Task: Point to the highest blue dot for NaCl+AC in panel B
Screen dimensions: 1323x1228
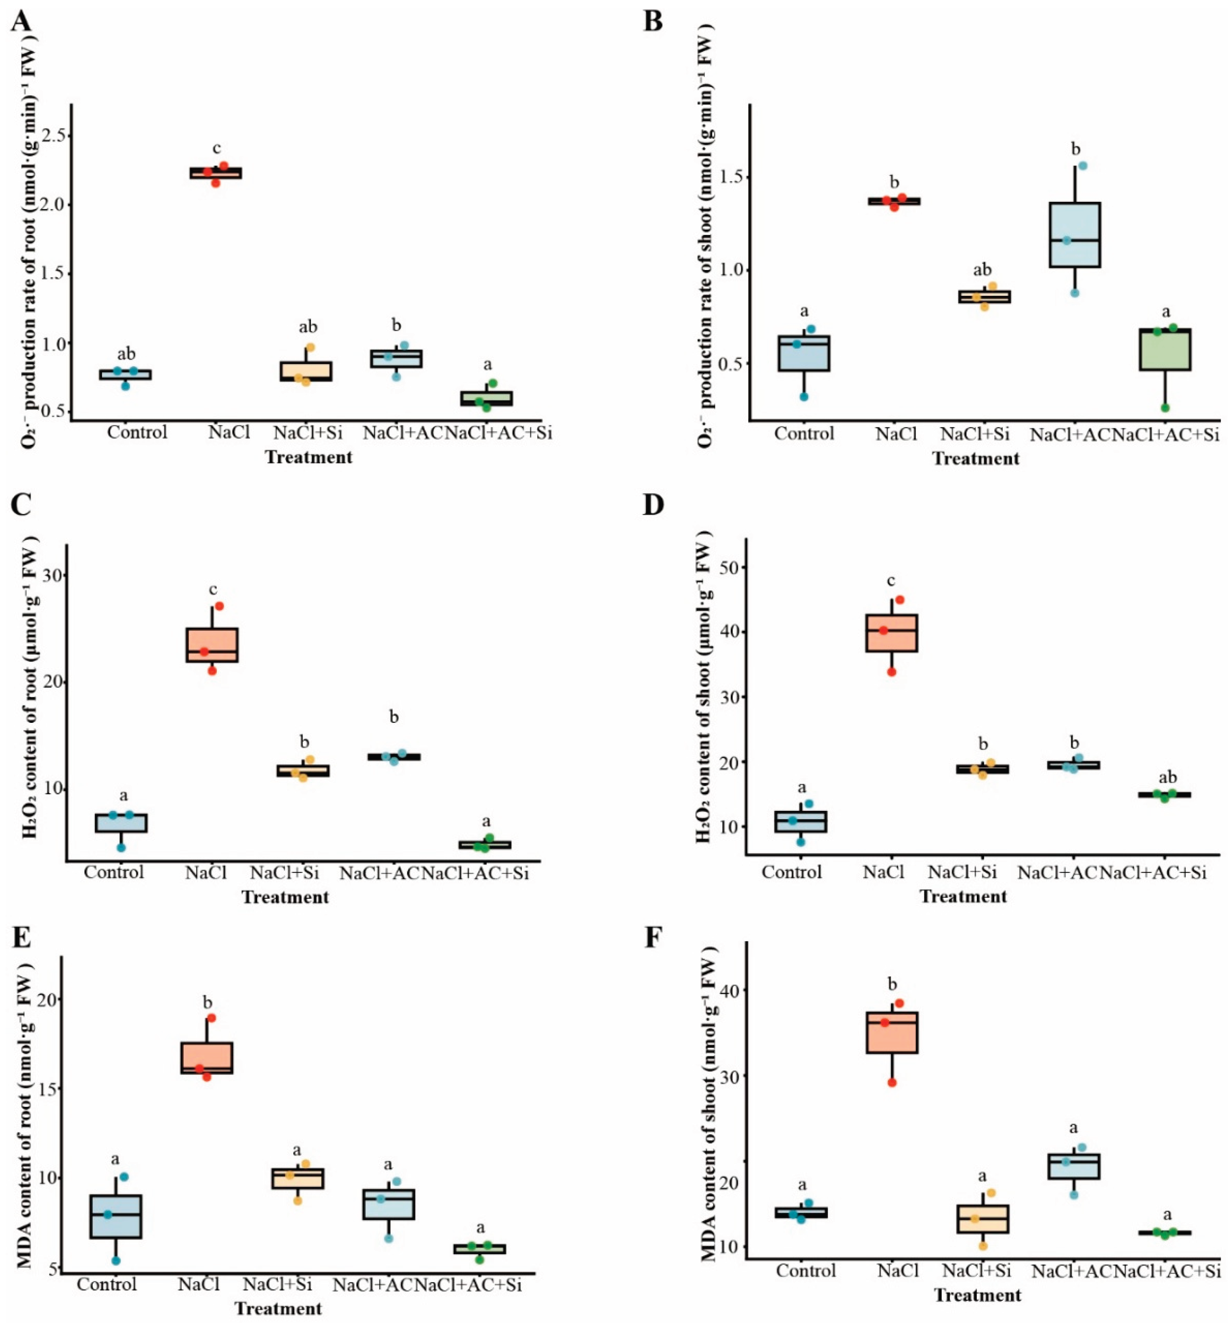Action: click(x=1083, y=165)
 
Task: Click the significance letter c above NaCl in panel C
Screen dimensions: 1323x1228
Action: click(x=213, y=589)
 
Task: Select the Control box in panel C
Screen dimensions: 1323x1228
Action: click(x=121, y=823)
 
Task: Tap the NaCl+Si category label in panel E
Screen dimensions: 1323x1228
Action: click(x=277, y=1284)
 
